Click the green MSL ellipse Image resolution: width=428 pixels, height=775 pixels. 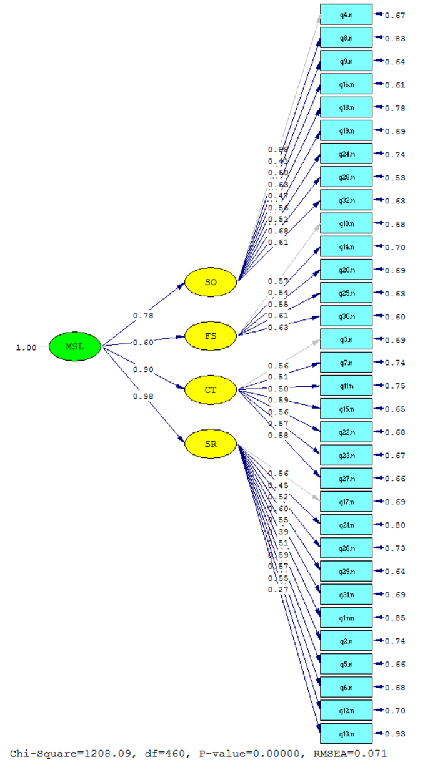[x=75, y=346]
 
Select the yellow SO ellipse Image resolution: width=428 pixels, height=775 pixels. [x=211, y=282]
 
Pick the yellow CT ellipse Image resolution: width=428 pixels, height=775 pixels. [x=211, y=391]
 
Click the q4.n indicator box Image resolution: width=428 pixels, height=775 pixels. [x=346, y=14]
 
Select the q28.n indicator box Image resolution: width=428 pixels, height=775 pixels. [x=346, y=177]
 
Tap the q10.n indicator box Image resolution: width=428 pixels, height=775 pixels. [x=346, y=223]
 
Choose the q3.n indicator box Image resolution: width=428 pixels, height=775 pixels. [x=346, y=339]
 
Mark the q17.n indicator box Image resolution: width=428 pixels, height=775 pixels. [x=346, y=502]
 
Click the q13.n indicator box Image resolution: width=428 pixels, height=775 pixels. [x=346, y=733]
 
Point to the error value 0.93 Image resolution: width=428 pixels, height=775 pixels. [x=395, y=734]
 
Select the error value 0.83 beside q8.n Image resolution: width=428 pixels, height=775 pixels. [x=395, y=39]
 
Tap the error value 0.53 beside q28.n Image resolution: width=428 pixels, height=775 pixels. [x=395, y=178]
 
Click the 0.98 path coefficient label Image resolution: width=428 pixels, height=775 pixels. [x=143, y=396]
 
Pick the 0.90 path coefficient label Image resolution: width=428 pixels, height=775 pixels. [x=143, y=369]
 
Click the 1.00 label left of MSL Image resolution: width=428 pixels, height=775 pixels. [x=26, y=348]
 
